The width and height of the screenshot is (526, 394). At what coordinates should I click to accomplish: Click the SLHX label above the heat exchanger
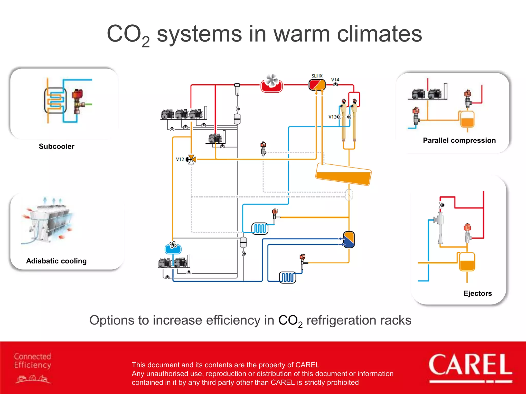click(x=317, y=76)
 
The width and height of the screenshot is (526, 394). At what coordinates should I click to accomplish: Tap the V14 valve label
click(x=335, y=80)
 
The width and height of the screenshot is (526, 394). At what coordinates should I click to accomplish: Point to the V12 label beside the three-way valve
click(x=180, y=159)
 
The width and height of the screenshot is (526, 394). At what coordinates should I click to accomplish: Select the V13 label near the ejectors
click(x=332, y=117)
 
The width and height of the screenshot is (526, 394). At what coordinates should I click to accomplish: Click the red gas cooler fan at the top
click(x=272, y=83)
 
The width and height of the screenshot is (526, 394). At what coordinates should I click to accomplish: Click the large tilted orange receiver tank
click(x=343, y=174)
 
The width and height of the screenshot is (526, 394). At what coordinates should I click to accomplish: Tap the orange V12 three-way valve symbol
click(x=192, y=159)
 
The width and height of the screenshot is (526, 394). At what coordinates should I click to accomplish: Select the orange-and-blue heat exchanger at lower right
click(x=349, y=240)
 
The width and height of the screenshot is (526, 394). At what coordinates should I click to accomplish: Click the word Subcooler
click(x=57, y=146)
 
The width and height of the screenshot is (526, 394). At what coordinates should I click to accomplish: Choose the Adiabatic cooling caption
click(x=56, y=261)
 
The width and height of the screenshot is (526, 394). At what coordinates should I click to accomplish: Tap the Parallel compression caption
click(x=459, y=141)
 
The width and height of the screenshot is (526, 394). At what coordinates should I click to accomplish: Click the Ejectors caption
click(x=477, y=293)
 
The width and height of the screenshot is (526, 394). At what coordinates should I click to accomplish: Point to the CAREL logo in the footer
click(x=470, y=366)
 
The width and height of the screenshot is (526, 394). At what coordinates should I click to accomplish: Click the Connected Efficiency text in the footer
click(x=33, y=361)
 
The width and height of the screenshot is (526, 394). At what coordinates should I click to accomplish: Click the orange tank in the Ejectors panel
click(x=467, y=262)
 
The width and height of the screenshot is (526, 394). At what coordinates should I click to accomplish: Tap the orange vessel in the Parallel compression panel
click(x=467, y=120)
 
